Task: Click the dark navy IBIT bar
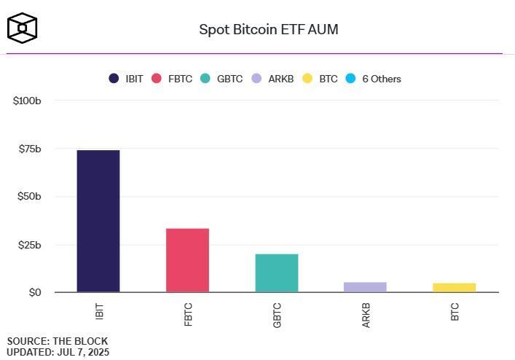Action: pyautogui.click(x=98, y=221)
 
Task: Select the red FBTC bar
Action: pyautogui.click(x=187, y=260)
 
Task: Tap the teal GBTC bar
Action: pyautogui.click(x=276, y=273)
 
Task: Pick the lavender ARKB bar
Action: pyautogui.click(x=365, y=287)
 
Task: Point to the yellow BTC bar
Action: pyautogui.click(x=454, y=287)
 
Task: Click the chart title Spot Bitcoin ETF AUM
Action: pyautogui.click(x=269, y=30)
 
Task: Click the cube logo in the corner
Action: pyautogui.click(x=22, y=28)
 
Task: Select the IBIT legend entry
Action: pyautogui.click(x=126, y=79)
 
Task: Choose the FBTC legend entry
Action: pyautogui.click(x=172, y=79)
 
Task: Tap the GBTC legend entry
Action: pyautogui.click(x=222, y=79)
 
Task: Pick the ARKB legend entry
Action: pyautogui.click(x=272, y=79)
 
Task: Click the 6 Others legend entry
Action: pyautogui.click(x=373, y=79)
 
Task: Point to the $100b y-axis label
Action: pyautogui.click(x=27, y=101)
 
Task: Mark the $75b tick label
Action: pyautogui.click(x=29, y=149)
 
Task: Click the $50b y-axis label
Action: pyautogui.click(x=29, y=197)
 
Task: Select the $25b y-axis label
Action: pyautogui.click(x=29, y=245)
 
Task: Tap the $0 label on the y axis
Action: pyautogui.click(x=35, y=292)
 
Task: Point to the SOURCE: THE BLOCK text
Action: pyautogui.click(x=58, y=341)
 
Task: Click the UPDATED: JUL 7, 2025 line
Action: pyautogui.click(x=58, y=352)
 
